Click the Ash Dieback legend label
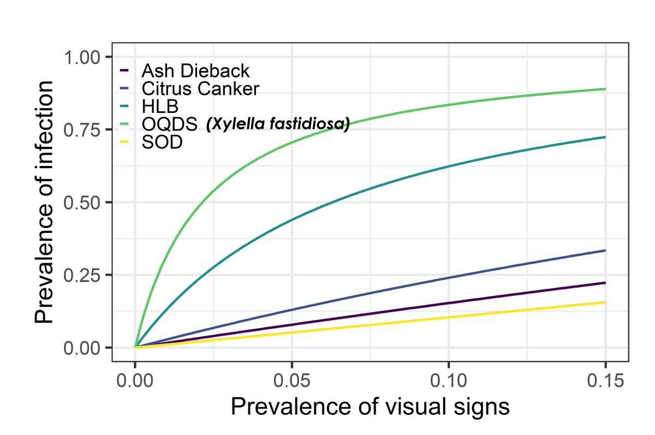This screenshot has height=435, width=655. [x=195, y=71]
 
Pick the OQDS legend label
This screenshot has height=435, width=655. [x=170, y=125]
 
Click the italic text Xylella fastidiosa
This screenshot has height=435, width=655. [x=277, y=125]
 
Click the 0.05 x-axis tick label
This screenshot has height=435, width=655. [x=292, y=380]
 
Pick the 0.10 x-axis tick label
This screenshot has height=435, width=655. [x=449, y=380]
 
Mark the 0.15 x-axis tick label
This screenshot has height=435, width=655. [x=605, y=380]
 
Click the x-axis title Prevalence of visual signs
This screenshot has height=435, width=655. [x=370, y=408]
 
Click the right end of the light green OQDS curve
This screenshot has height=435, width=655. [x=605, y=89]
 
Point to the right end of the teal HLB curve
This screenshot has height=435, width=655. [x=605, y=137]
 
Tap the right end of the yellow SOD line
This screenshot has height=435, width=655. [x=605, y=302]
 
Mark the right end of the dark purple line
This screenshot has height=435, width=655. [x=605, y=283]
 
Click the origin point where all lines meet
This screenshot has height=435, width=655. [x=135, y=347]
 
